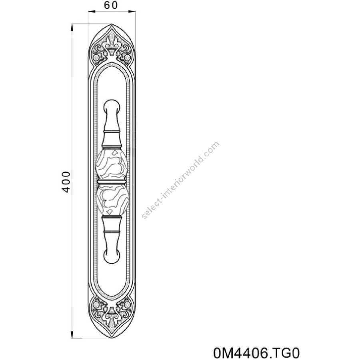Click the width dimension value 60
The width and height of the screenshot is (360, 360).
(x=111, y=5)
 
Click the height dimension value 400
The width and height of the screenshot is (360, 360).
(x=66, y=182)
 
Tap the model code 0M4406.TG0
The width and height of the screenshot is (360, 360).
(x=256, y=353)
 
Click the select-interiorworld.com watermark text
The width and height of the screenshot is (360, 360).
(x=181, y=180)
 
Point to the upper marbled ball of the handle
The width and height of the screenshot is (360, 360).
(x=111, y=164)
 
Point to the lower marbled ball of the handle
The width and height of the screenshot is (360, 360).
(x=112, y=200)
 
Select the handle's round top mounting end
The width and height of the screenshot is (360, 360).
(x=112, y=106)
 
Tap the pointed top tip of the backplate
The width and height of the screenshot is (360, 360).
(x=112, y=24)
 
